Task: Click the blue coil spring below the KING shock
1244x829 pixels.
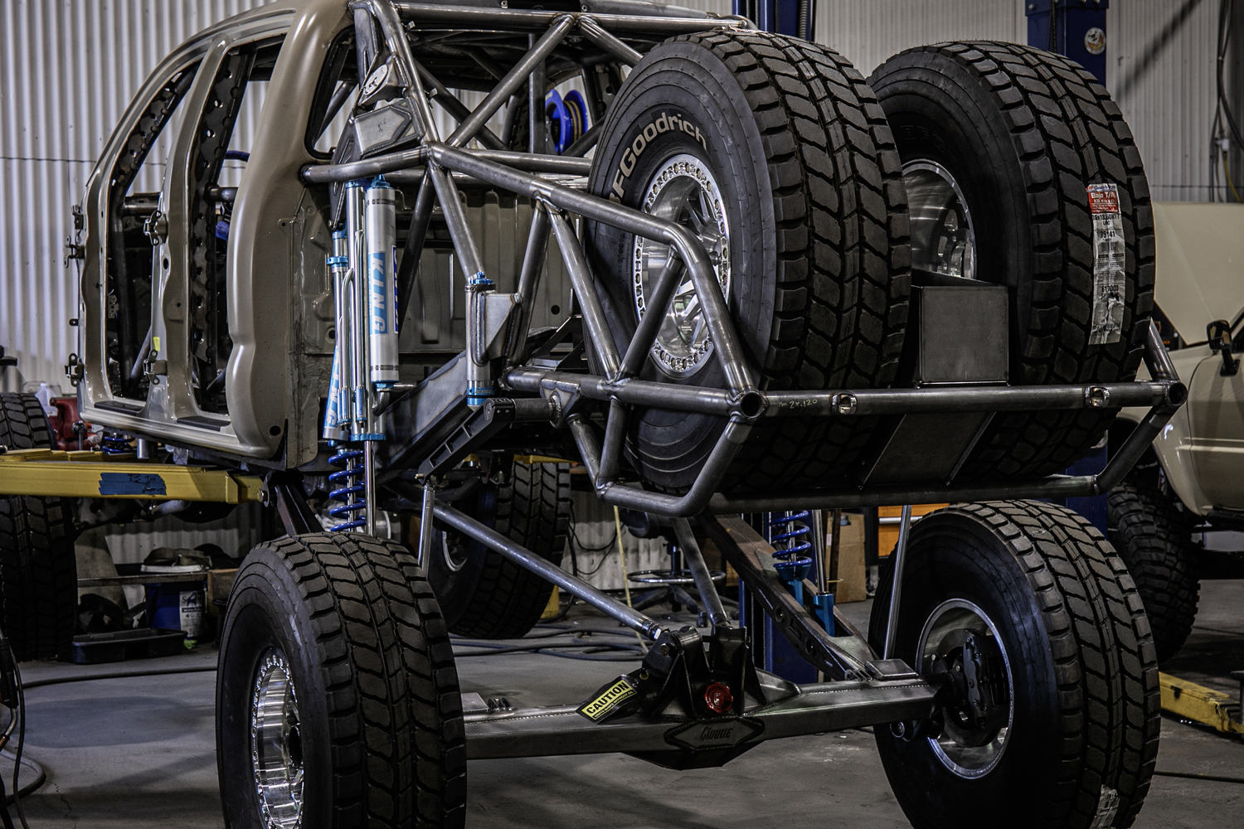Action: pyautogui.click(x=347, y=489)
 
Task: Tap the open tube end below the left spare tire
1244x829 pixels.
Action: pyautogui.click(x=749, y=404)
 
